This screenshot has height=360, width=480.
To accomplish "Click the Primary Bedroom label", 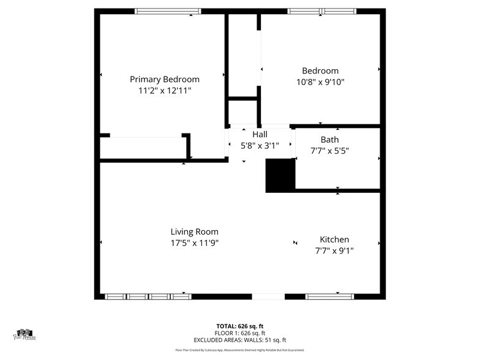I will [x=164, y=79].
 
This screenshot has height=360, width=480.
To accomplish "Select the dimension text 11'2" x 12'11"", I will [x=164, y=91].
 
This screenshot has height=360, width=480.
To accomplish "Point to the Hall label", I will [x=260, y=134].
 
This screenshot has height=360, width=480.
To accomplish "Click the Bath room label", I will [x=329, y=140].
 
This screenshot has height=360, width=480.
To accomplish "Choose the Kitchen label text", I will [x=334, y=239].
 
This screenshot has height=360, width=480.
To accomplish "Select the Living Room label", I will [x=194, y=231].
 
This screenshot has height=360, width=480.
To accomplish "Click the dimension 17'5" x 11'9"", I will [x=194, y=242].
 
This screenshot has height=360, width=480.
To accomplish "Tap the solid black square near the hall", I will [x=280, y=176].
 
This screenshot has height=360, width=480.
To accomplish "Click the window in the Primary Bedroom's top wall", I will [x=168, y=11].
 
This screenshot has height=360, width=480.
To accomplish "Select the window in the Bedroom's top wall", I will [x=323, y=11].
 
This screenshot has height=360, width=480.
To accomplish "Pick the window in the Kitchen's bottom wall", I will [x=329, y=296].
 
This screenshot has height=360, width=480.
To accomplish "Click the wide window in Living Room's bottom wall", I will [x=148, y=296].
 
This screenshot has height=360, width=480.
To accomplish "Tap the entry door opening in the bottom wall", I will [x=268, y=296].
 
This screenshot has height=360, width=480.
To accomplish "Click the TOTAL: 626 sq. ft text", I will [x=240, y=326].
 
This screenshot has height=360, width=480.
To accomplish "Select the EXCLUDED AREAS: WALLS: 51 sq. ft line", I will [x=240, y=340].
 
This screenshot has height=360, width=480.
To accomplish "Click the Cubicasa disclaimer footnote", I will [x=240, y=351].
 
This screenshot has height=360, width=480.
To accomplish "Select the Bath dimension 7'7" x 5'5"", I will [x=329, y=151].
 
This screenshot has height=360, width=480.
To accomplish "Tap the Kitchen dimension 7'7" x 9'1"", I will [x=334, y=250].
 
